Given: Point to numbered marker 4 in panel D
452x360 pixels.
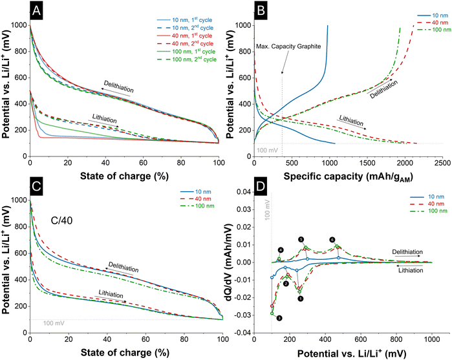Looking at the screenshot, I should pyautogui.click(x=281, y=249).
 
